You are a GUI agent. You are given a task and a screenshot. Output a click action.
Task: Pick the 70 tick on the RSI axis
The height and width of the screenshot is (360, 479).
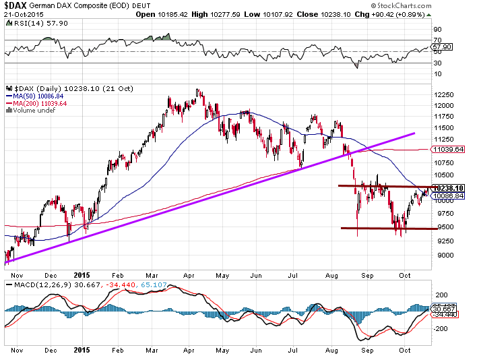click(x=437, y=40)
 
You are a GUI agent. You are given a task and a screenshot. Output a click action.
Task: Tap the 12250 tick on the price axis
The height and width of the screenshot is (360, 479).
click(x=443, y=95)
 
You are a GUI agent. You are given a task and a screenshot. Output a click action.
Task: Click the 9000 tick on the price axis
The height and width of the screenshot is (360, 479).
click(x=441, y=256)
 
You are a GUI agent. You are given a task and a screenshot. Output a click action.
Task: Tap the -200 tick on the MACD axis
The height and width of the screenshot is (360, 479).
click(x=441, y=329)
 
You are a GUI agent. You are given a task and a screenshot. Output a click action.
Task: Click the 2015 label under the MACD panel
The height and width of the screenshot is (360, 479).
click(x=82, y=351)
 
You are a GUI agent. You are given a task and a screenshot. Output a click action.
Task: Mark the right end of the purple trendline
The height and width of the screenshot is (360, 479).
click(x=414, y=133)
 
